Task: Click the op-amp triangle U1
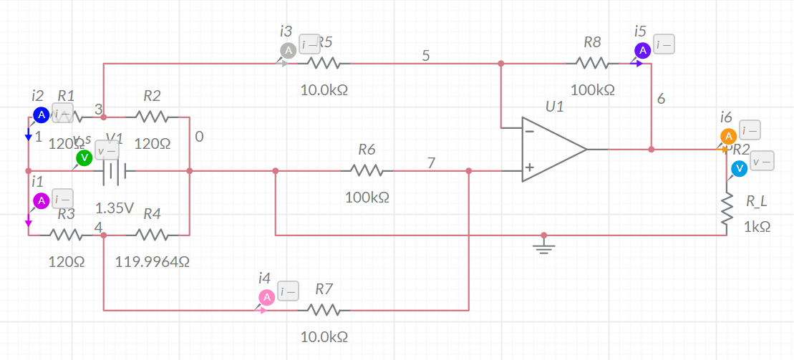coord(553,150)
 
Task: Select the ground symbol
coord(544,246)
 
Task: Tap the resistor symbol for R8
coord(591,64)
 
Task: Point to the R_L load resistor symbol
coord(727,210)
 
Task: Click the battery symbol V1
coord(115,171)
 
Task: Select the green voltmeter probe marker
coord(84,157)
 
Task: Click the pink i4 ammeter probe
coord(266,297)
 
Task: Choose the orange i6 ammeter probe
coord(728,136)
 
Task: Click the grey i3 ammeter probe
coord(287,50)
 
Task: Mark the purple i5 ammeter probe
coord(642,50)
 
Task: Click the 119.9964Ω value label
coord(152,262)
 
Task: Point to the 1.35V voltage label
coord(115,209)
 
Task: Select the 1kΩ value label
coord(757,226)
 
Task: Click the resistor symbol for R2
coord(151,116)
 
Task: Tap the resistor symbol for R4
coord(151,234)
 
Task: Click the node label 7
coord(431,162)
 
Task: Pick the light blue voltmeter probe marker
coord(739,167)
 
